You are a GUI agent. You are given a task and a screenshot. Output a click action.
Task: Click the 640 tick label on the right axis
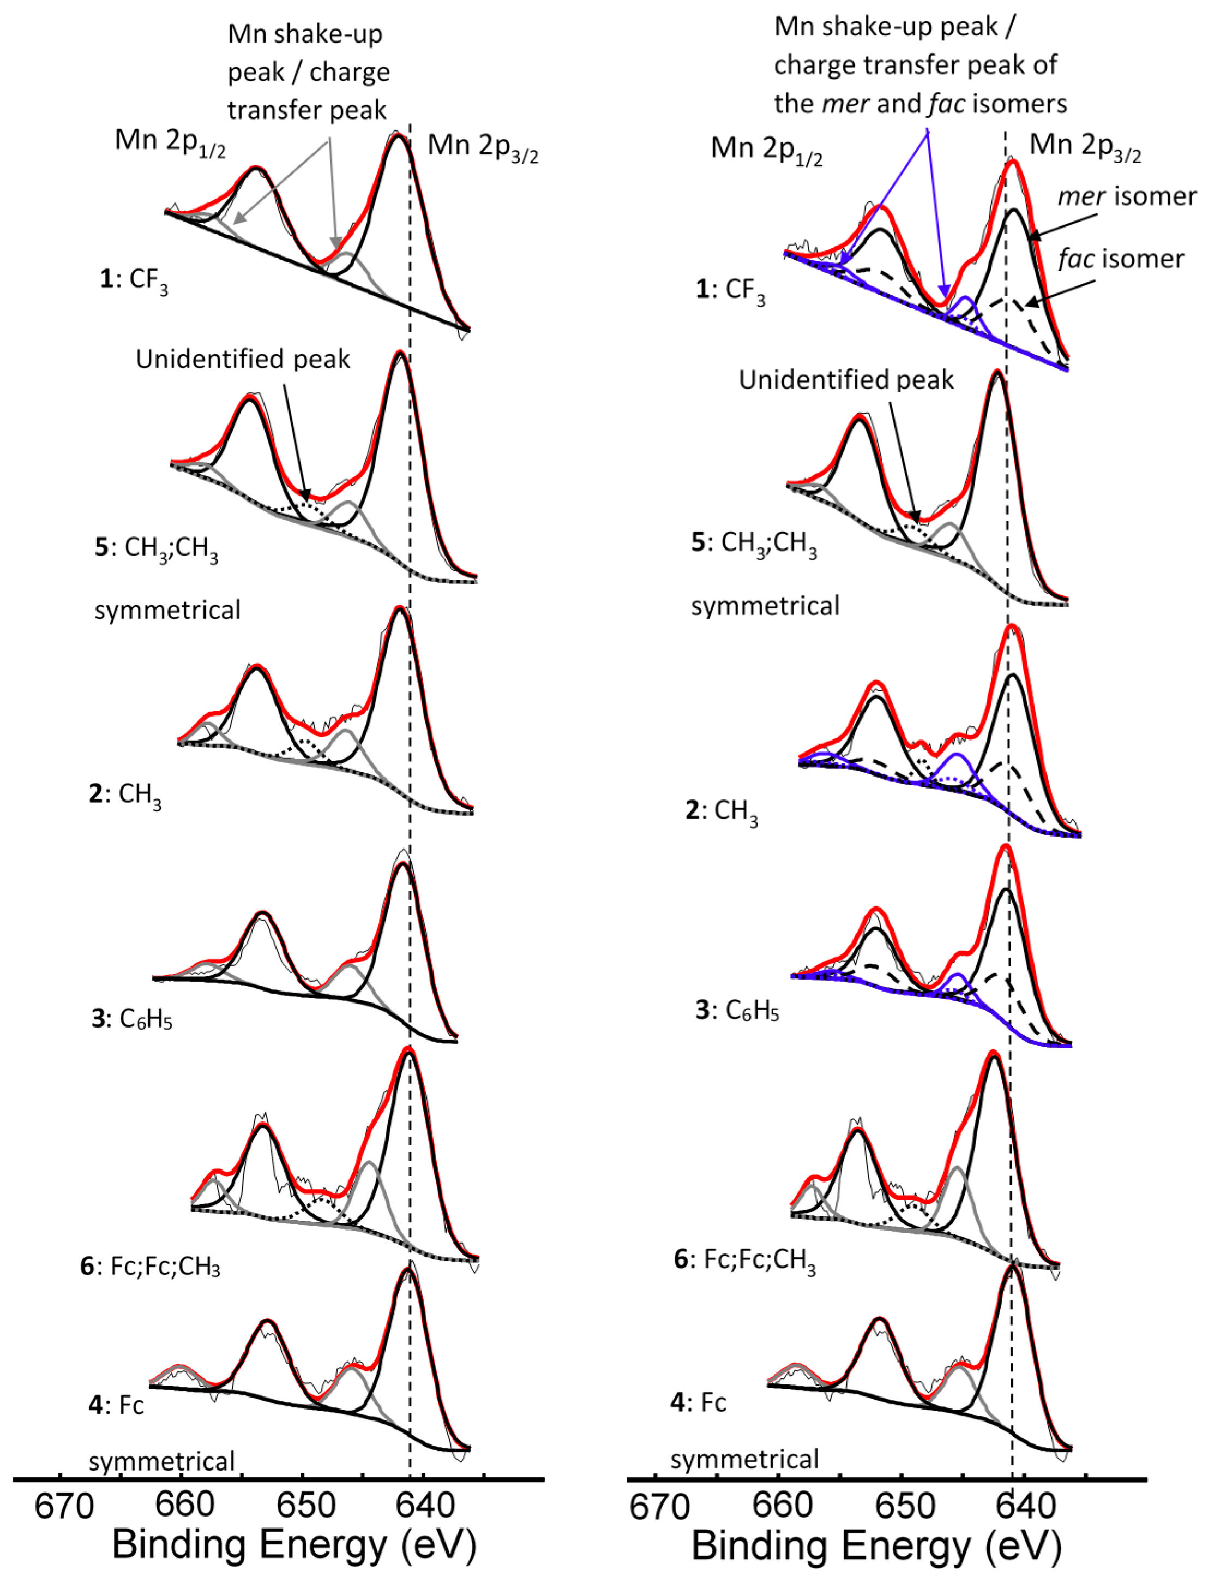[1017, 1507]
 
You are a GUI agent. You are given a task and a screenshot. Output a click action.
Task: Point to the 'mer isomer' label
[1127, 196]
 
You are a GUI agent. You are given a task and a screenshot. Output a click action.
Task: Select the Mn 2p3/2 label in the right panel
[1085, 147]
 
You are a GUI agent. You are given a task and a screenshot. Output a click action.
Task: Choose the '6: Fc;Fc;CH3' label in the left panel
[151, 1286]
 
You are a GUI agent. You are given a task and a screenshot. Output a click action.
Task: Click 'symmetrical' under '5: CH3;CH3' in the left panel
[167, 610]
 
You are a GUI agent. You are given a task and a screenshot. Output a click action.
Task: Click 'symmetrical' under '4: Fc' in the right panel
[745, 1460]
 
